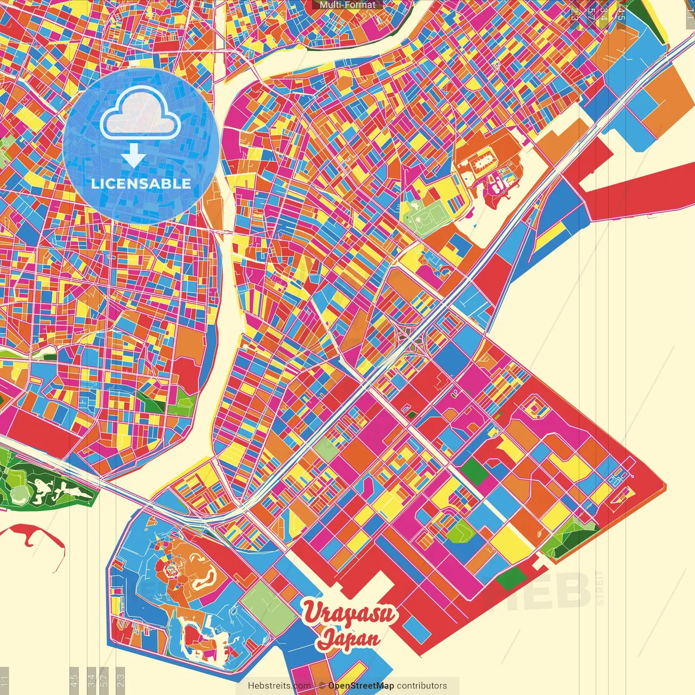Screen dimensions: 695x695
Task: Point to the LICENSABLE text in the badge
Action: tap(141, 184)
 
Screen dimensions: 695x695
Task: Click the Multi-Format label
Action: tap(347, 5)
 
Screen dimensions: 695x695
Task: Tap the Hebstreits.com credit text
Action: tap(279, 686)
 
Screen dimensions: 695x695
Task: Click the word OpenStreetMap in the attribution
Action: tap(361, 686)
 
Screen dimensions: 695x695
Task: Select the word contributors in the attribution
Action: tap(422, 686)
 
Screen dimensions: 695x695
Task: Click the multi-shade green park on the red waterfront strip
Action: tap(570, 535)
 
